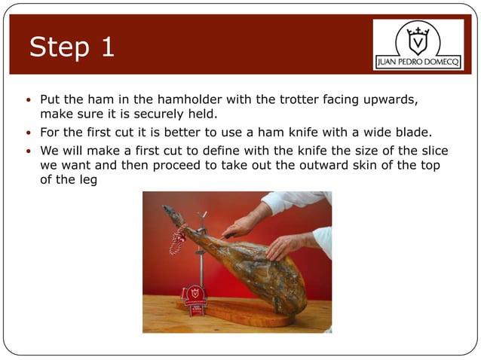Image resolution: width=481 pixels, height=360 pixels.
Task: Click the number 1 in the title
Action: (106, 47)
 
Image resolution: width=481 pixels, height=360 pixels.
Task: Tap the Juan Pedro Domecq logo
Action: (418, 44)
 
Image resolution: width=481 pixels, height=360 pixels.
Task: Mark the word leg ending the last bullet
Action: (88, 180)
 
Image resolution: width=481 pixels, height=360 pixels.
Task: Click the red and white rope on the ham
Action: (178, 239)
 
